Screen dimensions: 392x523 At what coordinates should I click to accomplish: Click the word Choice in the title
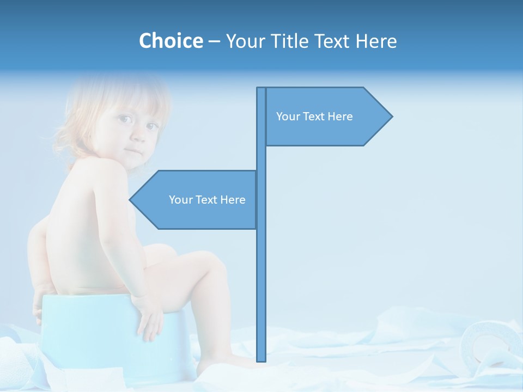pos(171,41)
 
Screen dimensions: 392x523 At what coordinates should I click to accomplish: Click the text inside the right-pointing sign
pos(314,117)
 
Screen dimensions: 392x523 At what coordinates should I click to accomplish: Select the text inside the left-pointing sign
pos(207,200)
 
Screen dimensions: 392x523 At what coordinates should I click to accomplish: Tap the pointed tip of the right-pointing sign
pos(391,116)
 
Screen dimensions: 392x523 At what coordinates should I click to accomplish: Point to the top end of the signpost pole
pos(261,89)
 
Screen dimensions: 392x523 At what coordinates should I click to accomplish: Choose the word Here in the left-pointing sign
pos(233,200)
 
